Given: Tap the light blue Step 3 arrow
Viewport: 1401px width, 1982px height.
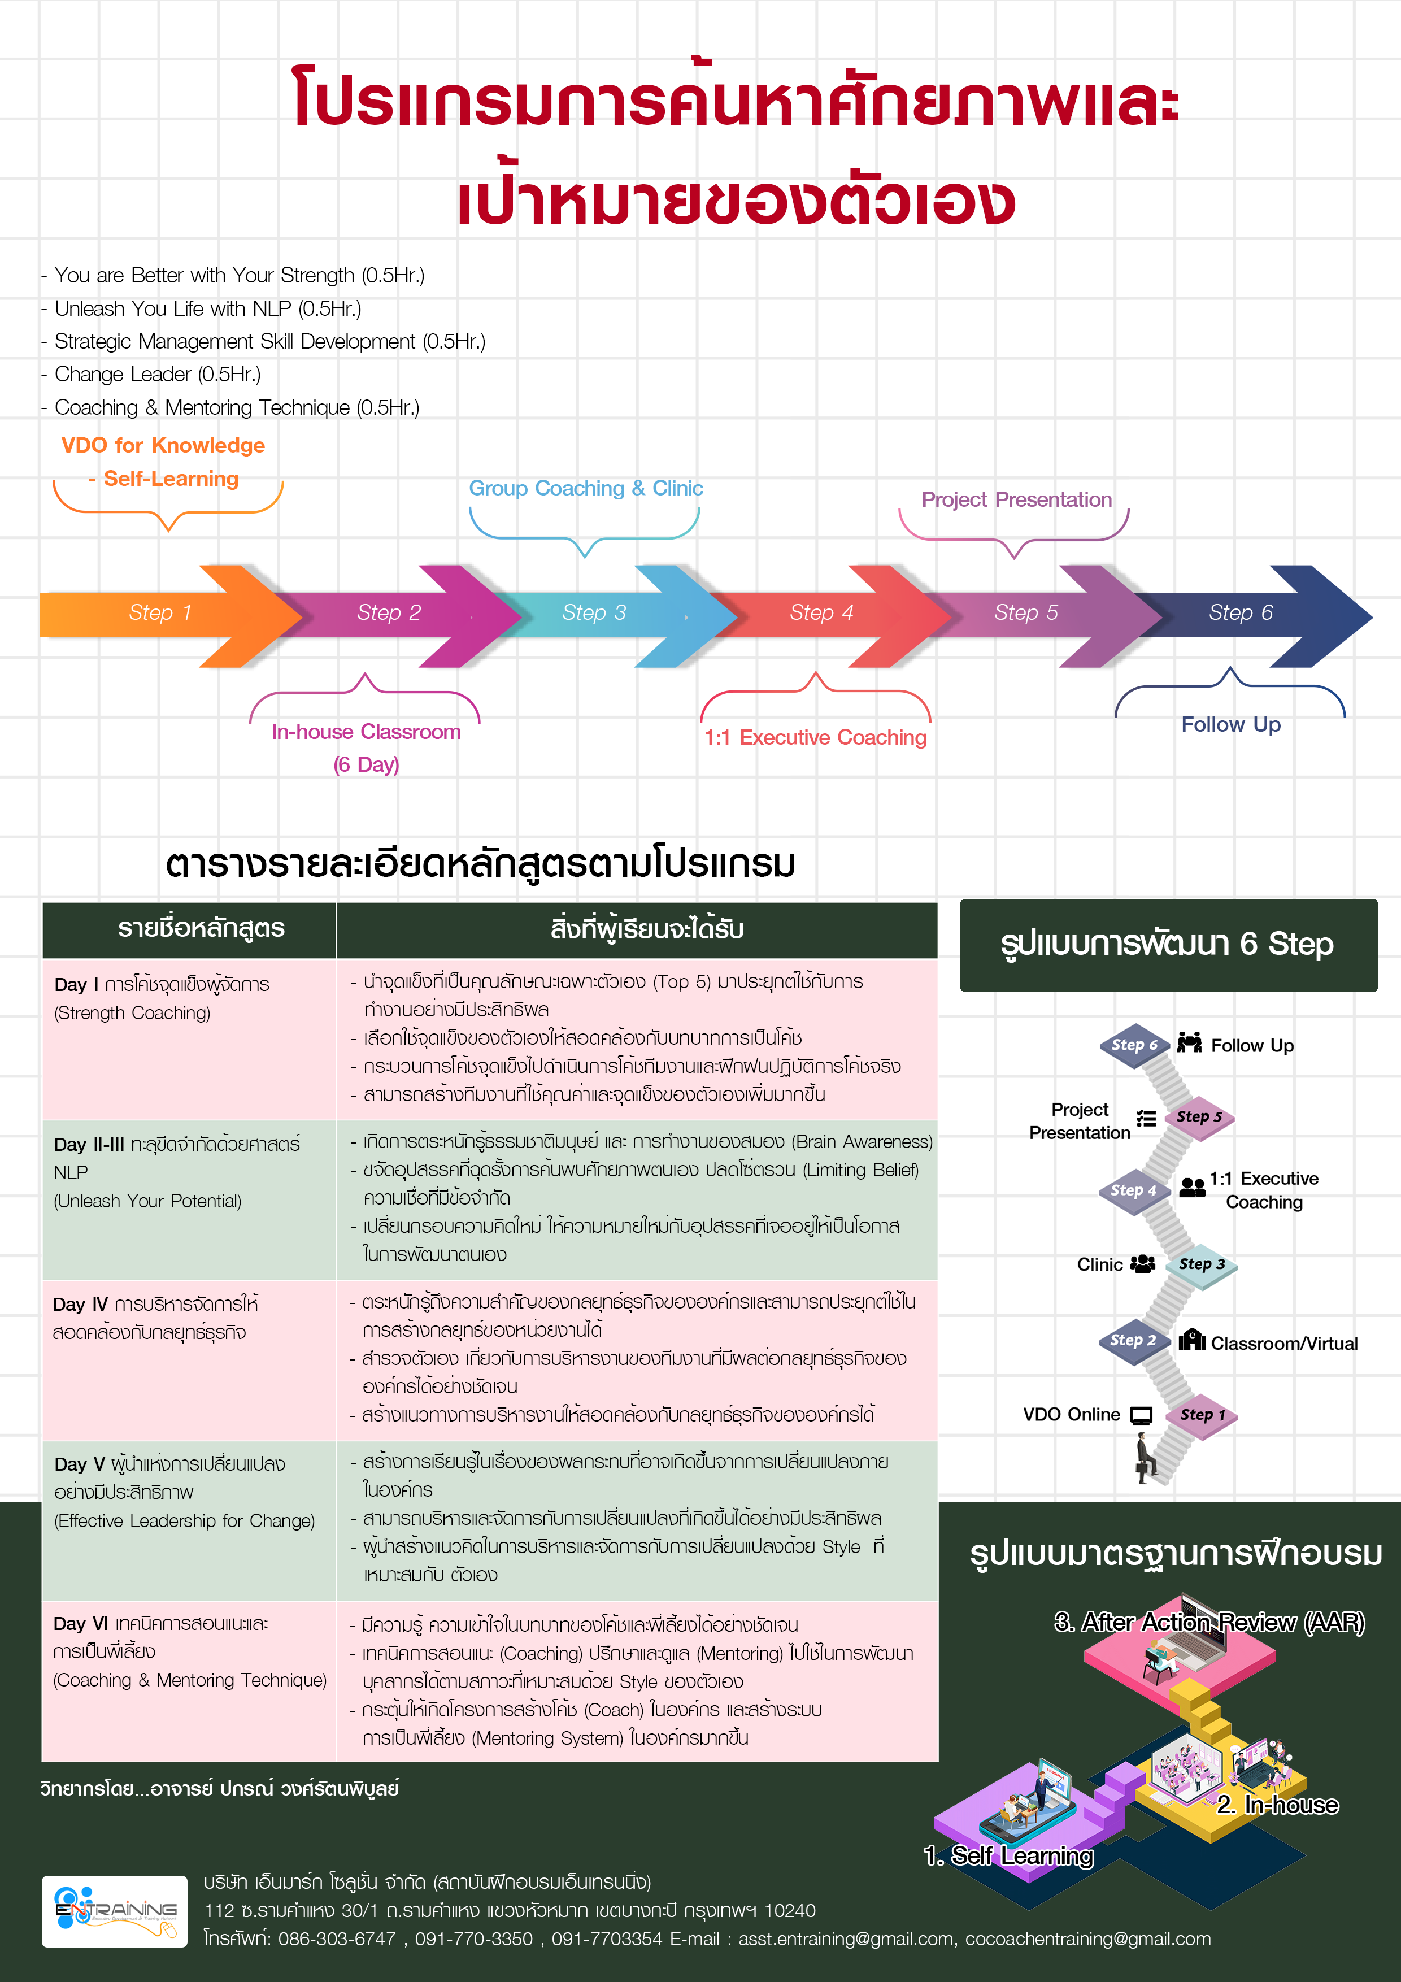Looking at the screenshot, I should pos(595,614).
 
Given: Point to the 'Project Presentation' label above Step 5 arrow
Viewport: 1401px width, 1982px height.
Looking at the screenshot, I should pos(1016,500).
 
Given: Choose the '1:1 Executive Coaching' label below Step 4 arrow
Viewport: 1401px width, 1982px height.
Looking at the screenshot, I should pos(815,738).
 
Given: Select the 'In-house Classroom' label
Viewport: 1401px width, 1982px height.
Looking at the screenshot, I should pos(366,733).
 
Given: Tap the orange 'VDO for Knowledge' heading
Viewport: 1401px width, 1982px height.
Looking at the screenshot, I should pos(163,445).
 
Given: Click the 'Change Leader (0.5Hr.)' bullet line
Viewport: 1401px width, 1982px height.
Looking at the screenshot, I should pos(157,375).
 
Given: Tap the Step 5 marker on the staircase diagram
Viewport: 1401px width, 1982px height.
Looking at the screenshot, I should pos(1199,1117).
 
